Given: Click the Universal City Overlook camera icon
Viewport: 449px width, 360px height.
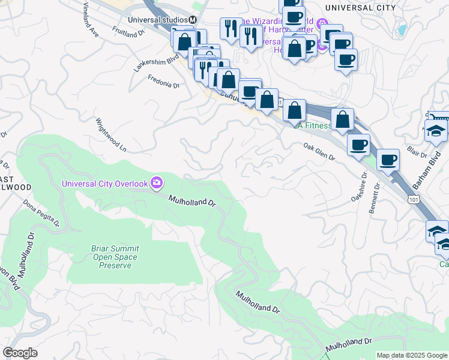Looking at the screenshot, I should (157, 182).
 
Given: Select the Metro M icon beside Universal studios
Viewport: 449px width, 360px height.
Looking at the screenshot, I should (193, 19).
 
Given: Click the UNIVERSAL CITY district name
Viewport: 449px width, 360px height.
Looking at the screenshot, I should (360, 7).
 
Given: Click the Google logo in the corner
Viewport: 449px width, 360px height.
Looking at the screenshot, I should (20, 353).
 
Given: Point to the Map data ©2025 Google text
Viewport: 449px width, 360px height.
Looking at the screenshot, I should (412, 355).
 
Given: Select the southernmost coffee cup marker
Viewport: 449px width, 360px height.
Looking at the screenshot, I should (388, 160).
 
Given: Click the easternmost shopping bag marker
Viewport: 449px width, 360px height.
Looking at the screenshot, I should (342, 119).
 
